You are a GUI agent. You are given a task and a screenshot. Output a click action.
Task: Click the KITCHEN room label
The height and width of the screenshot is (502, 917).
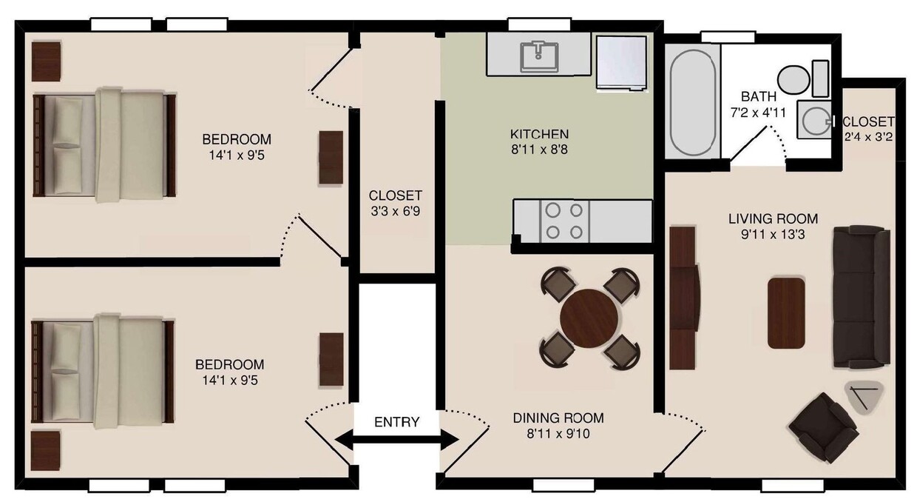click(x=539, y=134)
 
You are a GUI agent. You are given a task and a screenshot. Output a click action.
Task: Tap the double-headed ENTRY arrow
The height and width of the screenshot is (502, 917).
click(x=397, y=440)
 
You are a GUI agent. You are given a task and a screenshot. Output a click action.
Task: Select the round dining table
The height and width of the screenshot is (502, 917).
click(x=589, y=318)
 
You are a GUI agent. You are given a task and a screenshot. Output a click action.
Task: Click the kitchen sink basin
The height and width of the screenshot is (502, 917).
click(x=539, y=56)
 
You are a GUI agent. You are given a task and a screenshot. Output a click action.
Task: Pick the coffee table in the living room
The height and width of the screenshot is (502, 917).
click(x=785, y=312)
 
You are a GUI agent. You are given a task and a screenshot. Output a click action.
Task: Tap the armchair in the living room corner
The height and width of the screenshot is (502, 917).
click(x=823, y=426)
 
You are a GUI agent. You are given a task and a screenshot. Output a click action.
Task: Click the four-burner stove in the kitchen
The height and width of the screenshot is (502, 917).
click(x=564, y=221)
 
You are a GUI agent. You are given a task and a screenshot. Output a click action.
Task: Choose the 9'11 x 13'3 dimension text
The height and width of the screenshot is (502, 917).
click(x=773, y=235)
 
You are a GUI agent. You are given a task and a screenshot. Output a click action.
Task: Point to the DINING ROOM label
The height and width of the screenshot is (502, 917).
click(x=558, y=418)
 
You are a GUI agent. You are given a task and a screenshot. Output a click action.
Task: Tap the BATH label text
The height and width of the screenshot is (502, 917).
click(x=758, y=96)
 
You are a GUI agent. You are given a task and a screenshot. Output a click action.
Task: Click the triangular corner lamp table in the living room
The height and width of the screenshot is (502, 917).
click(x=862, y=398)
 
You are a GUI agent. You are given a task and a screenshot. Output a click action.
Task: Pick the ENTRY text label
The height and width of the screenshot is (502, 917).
click(x=396, y=422)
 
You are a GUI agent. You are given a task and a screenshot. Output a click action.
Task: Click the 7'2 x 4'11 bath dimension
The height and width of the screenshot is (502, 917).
click(x=758, y=113)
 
